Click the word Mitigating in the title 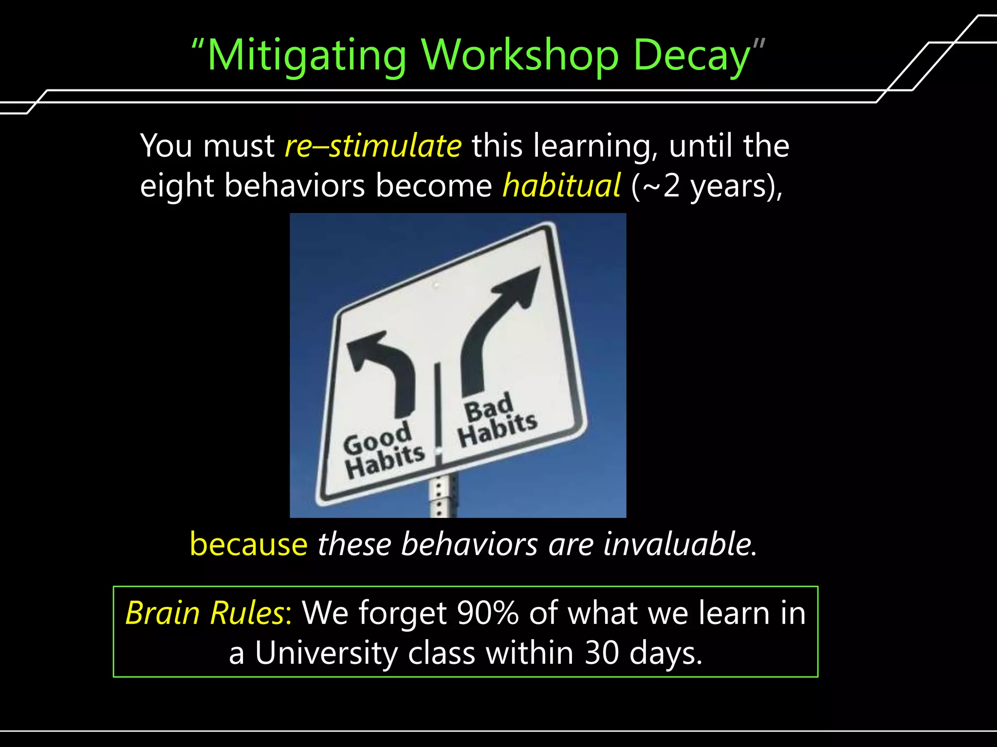[307, 56]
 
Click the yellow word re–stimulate [373, 145]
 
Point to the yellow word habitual [561, 186]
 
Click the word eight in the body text [177, 186]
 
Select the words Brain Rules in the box [206, 613]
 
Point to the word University [326, 653]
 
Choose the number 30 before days [601, 653]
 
